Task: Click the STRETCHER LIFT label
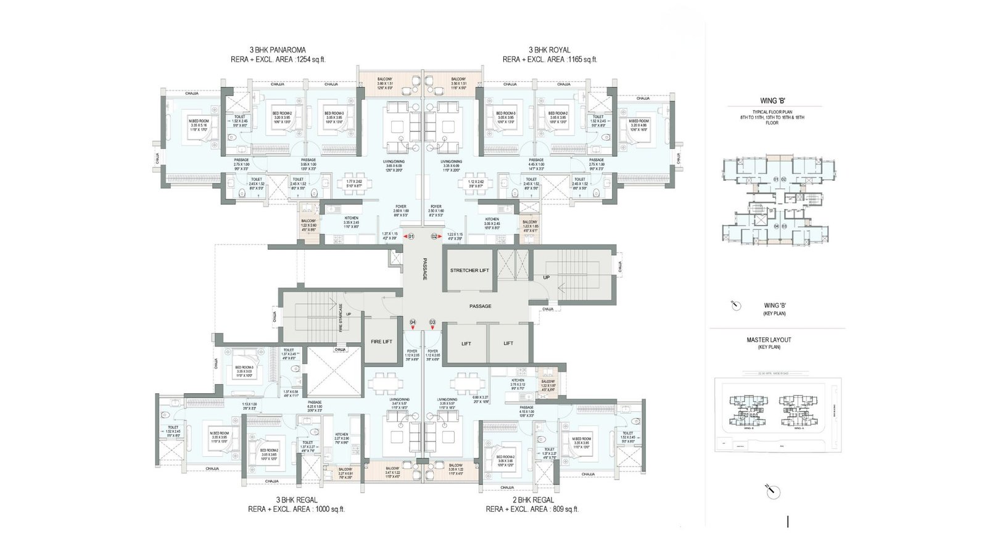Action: coord(469,270)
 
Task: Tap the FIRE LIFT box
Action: coord(381,341)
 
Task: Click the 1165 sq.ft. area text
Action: coord(550,60)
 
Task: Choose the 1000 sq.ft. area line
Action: coord(296,510)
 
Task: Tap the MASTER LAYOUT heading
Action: coord(769,340)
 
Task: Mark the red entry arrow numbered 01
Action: coord(408,236)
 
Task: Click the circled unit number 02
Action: coord(434,236)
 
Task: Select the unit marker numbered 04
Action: coord(413,322)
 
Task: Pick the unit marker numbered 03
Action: coord(432,322)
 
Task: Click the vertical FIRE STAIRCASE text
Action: coord(340,317)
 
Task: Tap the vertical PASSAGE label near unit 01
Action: coord(424,269)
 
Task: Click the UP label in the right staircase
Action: coord(546,277)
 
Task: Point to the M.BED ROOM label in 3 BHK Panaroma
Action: coord(199,121)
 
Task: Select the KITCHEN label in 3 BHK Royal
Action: coord(492,219)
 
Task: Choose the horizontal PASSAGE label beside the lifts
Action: coord(479,306)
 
